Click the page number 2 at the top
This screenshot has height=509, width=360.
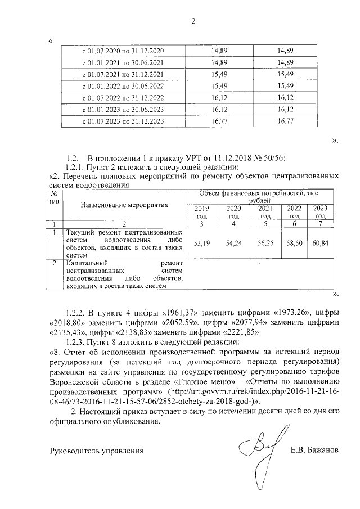click(x=193, y=22)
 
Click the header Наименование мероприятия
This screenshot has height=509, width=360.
click(x=124, y=205)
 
